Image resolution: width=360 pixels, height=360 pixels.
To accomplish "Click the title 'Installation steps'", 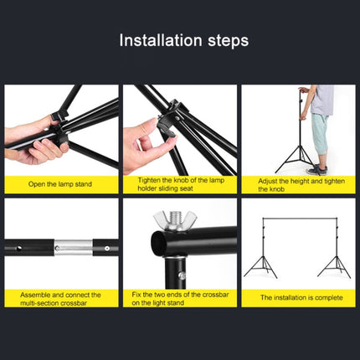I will tap(183, 40).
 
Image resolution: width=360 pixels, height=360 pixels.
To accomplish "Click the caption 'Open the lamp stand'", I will tap(59, 183).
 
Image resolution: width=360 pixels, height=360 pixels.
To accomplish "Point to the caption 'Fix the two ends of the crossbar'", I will tap(178, 299).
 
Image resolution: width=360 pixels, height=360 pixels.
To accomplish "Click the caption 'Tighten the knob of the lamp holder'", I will tap(178, 184).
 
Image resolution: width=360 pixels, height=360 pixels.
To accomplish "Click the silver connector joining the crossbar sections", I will tap(68, 248).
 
